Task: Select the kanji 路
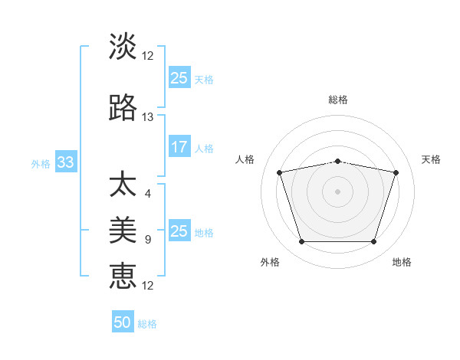pyautogui.click(x=123, y=108)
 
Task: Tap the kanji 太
pyautogui.click(x=123, y=185)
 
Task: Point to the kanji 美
pyautogui.click(x=123, y=230)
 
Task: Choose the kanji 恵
pyautogui.click(x=123, y=276)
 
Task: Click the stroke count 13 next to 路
pyautogui.click(x=148, y=117)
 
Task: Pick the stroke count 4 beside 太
pyautogui.click(x=147, y=193)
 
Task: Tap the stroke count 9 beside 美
pyautogui.click(x=147, y=240)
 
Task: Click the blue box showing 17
pyautogui.click(x=179, y=147)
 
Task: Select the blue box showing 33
pyautogui.click(x=65, y=162)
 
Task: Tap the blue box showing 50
pyautogui.click(x=123, y=322)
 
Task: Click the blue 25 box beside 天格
pyautogui.click(x=179, y=78)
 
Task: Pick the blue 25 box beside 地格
pyautogui.click(x=179, y=231)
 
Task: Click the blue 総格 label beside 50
pyautogui.click(x=147, y=324)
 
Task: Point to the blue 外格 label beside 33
pyautogui.click(x=41, y=163)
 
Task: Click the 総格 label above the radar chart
pyautogui.click(x=337, y=100)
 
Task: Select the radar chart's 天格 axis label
pyautogui.click(x=431, y=159)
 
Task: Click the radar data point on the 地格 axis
pyautogui.click(x=373, y=242)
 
